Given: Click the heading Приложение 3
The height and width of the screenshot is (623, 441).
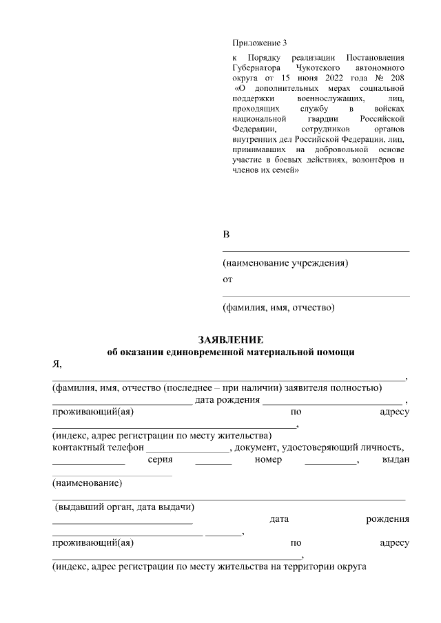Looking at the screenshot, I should [x=258, y=43].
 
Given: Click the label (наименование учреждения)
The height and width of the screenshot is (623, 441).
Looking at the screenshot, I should [x=285, y=263].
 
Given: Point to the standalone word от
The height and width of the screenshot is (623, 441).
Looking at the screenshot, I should [x=227, y=279].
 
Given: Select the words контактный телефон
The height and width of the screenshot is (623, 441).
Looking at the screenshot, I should [x=96, y=448].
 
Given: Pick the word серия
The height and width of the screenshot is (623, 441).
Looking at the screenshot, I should [x=160, y=460].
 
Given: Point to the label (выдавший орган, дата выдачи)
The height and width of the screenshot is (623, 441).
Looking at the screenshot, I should [x=125, y=507].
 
